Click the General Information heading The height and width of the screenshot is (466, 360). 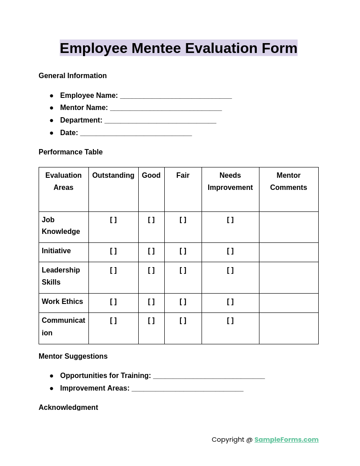point(73,76)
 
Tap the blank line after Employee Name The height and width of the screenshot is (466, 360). point(176,96)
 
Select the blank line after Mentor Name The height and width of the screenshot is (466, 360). point(166,108)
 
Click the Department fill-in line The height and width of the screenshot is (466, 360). point(160,121)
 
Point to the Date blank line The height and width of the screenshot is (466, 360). point(136,133)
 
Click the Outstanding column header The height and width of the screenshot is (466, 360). point(113,176)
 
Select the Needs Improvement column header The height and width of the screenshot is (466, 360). point(230,181)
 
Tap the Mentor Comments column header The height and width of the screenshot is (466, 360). point(289,181)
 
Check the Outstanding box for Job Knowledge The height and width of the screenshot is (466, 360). point(113,220)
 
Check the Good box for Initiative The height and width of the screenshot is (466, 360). point(151,251)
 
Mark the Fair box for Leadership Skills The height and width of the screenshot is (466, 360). point(183,270)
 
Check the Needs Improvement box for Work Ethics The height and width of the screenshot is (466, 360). point(230,302)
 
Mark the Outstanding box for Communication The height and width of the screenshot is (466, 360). point(113,321)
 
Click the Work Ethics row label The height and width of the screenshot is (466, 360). point(62,302)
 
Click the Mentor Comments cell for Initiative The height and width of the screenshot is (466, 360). point(289,252)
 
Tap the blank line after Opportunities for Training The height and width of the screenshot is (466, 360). point(209,376)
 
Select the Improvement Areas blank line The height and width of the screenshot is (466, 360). point(188,389)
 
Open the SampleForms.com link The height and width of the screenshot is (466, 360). point(286,440)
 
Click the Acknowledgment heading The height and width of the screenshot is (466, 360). point(68,407)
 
